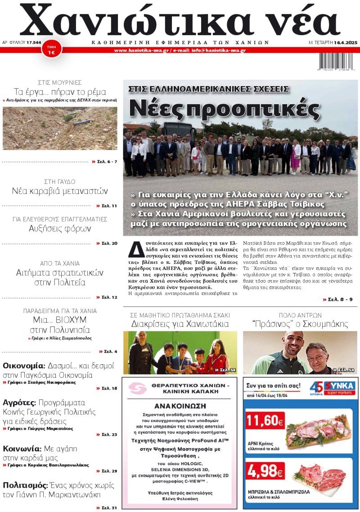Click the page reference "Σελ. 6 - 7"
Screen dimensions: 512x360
[x=107, y=161]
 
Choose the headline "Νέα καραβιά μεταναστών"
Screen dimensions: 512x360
[x=60, y=191]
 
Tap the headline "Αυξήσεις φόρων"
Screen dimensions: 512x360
[x=60, y=228]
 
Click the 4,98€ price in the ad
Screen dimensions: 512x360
[x=265, y=471]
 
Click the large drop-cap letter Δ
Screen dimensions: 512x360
[x=134, y=249]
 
